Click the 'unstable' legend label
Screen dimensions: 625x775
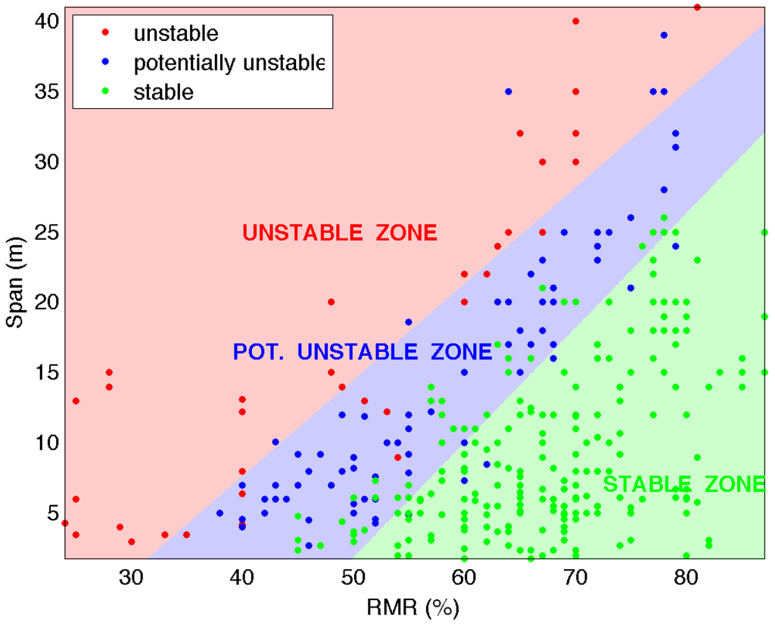pos(176,33)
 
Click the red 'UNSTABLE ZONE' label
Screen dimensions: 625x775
pos(340,233)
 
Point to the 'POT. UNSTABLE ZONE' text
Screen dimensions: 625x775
pos(363,351)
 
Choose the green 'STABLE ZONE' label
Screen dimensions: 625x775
pos(683,484)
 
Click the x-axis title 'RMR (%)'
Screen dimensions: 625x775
pos(415,607)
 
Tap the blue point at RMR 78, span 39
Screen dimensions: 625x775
pos(664,36)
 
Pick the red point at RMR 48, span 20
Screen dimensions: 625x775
pos(331,302)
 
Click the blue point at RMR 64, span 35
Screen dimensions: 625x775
pos(509,92)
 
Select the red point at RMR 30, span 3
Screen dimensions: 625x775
pos(132,542)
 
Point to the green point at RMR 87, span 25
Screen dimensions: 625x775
pos(764,232)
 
